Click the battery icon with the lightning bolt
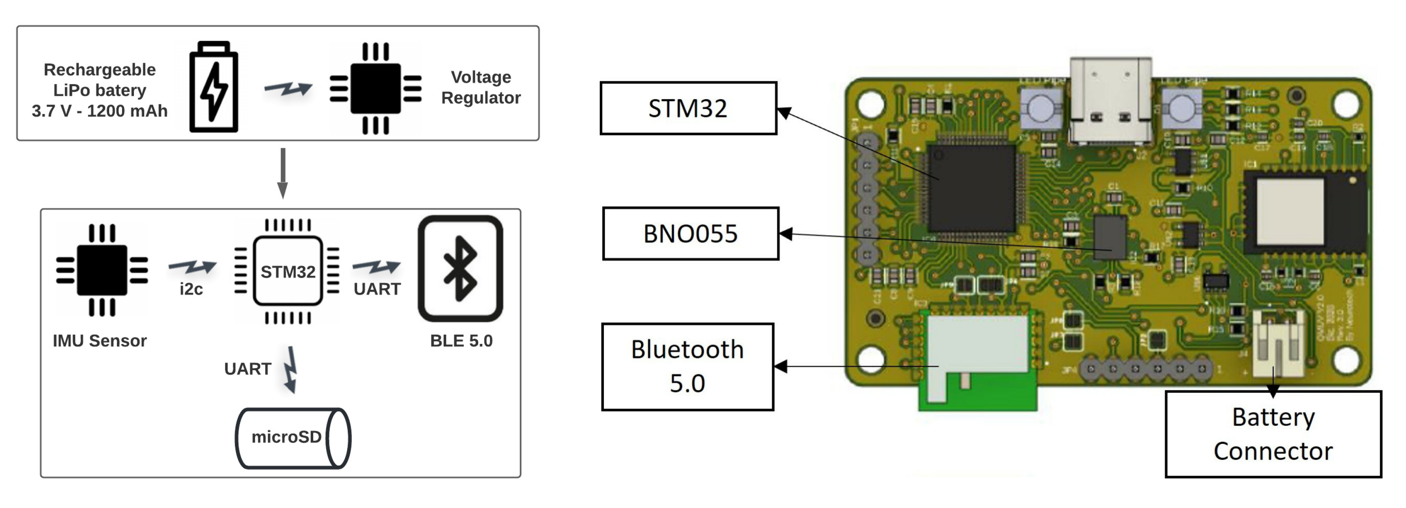pyautogui.click(x=213, y=87)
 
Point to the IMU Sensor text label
pyautogui.click(x=99, y=341)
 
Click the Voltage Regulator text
pyautogui.click(x=480, y=87)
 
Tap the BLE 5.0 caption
pyautogui.click(x=461, y=341)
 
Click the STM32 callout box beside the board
pyautogui.click(x=688, y=108)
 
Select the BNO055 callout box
pyautogui.click(x=690, y=233)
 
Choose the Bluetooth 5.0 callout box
pyautogui.click(x=687, y=366)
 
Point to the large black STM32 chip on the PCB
pyautogui.click(x=972, y=187)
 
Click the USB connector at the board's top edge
pyautogui.click(x=1110, y=101)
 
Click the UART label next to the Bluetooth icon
pyautogui.click(x=377, y=289)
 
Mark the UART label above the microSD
pyautogui.click(x=247, y=369)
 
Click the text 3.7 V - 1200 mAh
pyautogui.click(x=99, y=111)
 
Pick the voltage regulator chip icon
pyautogui.click(x=376, y=88)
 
